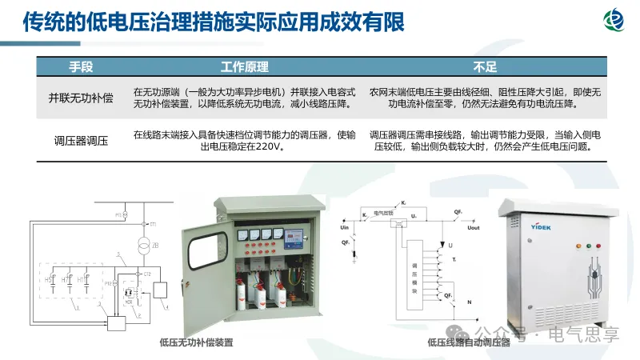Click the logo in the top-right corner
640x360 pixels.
coord(615,22)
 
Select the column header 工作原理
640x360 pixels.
coord(244,66)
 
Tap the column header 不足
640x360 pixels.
coord(485,66)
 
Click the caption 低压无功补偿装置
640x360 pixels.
coord(196,342)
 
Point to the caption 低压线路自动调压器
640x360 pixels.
coord(468,342)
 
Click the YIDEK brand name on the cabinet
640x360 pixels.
coord(523,226)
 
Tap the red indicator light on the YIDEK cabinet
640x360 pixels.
coord(590,247)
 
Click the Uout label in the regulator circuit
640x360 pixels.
coord(473,228)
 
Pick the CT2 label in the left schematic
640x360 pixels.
coord(147,274)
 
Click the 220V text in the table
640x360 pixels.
coord(270,147)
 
